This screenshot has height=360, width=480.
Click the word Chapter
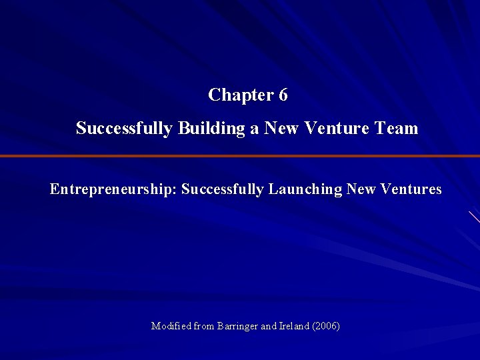tap(236, 95)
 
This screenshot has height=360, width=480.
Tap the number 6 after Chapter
tap(283, 95)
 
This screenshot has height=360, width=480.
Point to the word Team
tap(399, 128)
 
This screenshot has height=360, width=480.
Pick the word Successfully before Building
tap(124, 128)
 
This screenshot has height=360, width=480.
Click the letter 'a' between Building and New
tap(255, 129)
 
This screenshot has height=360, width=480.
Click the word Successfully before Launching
tap(223, 189)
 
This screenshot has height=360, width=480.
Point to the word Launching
tap(305, 189)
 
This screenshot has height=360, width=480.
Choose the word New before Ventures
tap(361, 189)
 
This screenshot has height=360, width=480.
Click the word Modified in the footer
tap(171, 326)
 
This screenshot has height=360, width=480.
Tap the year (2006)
tap(327, 326)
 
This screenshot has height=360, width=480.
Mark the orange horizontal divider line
tap(240, 156)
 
